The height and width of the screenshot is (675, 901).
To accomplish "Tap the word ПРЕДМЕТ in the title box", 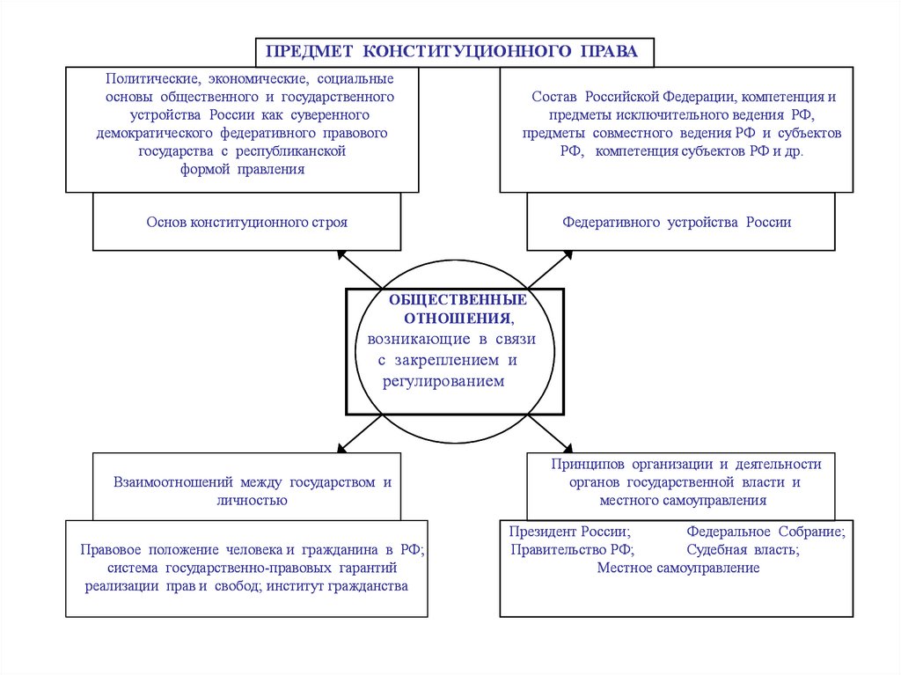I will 311,51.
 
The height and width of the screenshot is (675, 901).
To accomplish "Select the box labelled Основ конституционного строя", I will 246,223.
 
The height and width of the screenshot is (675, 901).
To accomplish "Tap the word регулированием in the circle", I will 443,381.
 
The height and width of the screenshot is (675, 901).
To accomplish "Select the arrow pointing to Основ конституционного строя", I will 358,269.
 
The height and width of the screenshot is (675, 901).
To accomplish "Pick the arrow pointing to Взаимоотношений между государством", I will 358,434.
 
